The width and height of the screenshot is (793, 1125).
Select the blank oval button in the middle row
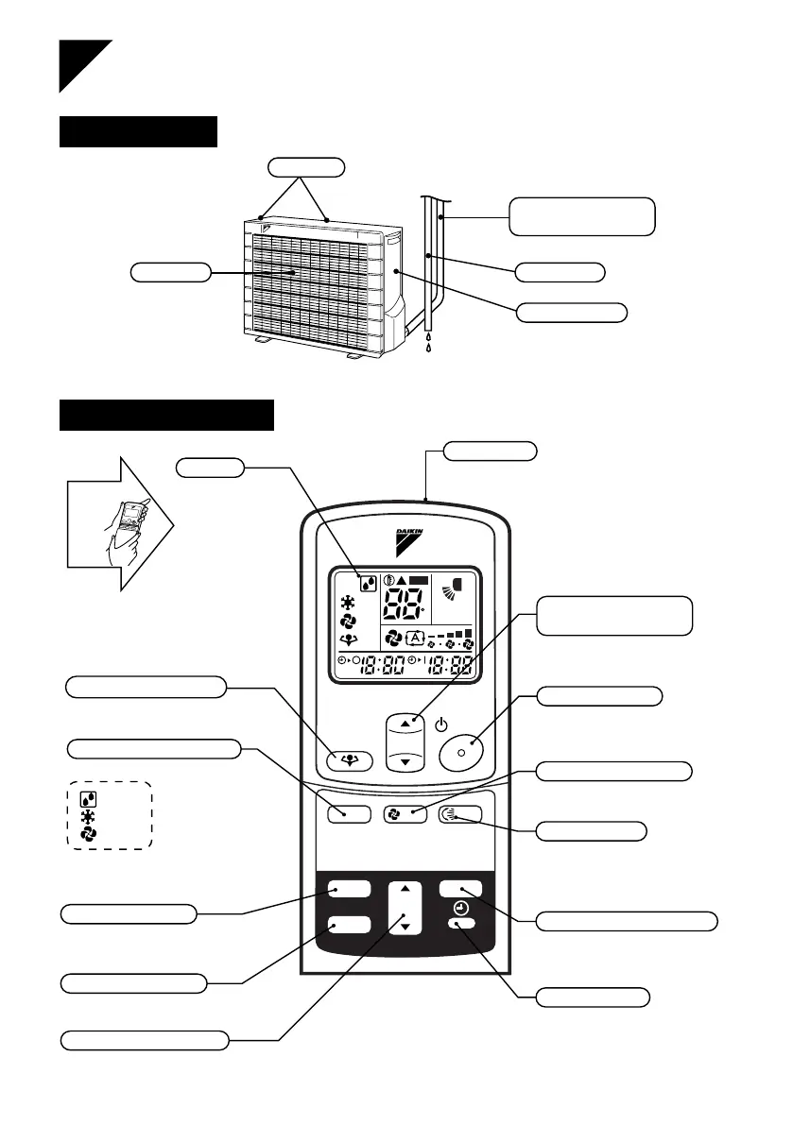[347, 812]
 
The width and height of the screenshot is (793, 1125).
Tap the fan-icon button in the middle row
[404, 812]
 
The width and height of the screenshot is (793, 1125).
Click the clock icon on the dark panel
[460, 908]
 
